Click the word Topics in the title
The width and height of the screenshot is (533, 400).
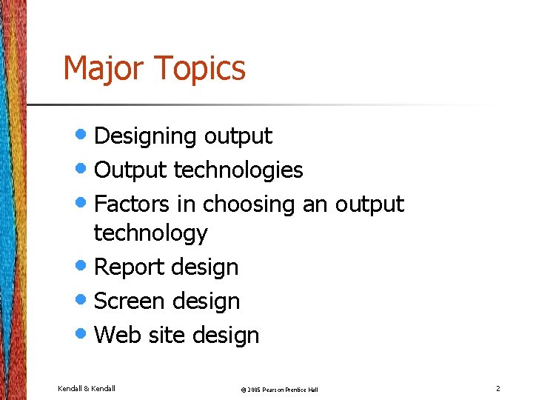201,69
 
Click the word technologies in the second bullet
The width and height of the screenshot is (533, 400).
238,170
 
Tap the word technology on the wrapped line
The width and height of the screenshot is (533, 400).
150,233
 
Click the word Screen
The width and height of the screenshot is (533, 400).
130,301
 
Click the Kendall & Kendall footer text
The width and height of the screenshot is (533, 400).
87,388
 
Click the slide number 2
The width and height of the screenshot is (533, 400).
498,388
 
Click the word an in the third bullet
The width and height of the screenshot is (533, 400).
315,204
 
